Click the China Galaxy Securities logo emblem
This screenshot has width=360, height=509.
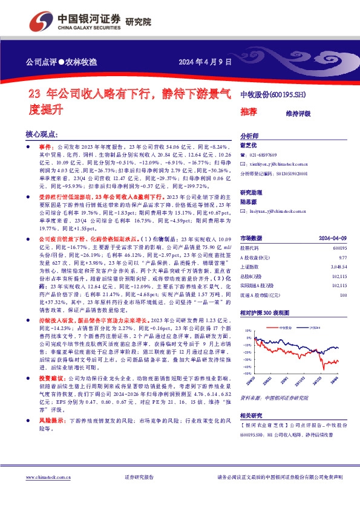(x=40, y=22)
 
